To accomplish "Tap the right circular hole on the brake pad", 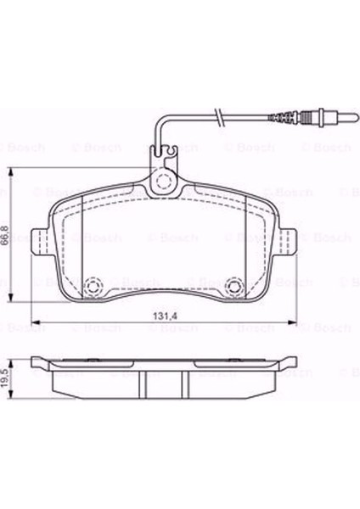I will [x=236, y=285].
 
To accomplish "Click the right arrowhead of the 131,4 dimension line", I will [x=294, y=322].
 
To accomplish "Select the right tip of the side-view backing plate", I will [x=294, y=364].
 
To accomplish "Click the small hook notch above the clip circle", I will [x=171, y=154].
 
